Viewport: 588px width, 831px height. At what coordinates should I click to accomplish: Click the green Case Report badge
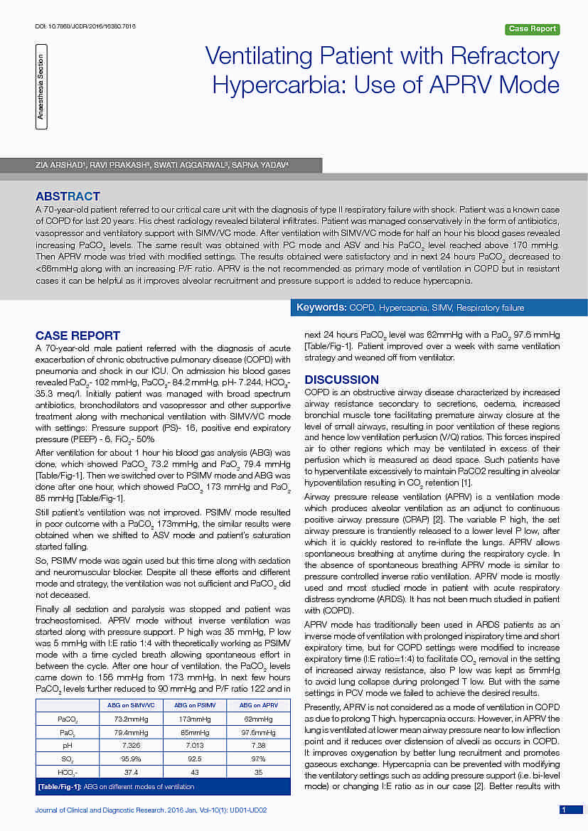(x=533, y=29)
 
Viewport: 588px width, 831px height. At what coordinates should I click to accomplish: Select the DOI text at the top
(x=85, y=26)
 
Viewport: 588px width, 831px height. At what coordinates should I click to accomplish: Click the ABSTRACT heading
(x=68, y=196)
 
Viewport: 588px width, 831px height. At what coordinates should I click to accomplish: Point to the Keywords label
(x=321, y=308)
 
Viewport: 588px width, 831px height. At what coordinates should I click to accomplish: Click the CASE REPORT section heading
(x=77, y=336)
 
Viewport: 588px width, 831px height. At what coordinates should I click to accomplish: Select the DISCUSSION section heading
(x=341, y=380)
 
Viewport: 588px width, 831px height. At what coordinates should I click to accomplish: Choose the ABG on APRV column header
(x=259, y=705)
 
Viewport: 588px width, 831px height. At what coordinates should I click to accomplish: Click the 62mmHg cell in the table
(x=259, y=719)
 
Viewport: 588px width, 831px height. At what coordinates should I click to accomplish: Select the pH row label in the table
(x=67, y=745)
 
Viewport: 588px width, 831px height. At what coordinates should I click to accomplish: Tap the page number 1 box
(x=563, y=809)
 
